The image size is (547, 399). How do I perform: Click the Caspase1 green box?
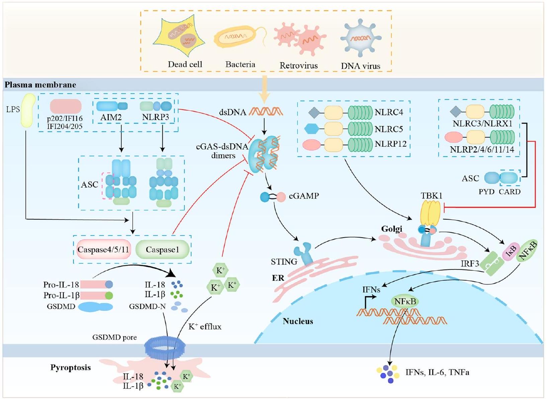(162, 250)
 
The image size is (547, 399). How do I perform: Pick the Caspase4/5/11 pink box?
(103, 250)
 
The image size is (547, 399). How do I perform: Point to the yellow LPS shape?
(28, 110)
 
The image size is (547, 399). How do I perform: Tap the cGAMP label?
(304, 196)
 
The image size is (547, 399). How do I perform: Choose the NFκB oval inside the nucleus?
(405, 302)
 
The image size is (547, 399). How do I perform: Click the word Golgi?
(391, 229)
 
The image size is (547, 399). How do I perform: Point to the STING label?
(284, 262)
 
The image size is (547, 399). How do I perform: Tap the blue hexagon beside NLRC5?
(312, 129)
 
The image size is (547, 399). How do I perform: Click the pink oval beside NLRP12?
(311, 145)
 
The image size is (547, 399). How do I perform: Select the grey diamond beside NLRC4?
(314, 113)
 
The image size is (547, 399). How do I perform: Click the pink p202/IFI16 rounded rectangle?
(66, 106)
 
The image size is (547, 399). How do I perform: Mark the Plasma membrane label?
(40, 85)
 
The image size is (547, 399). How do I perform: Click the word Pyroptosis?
(71, 368)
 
